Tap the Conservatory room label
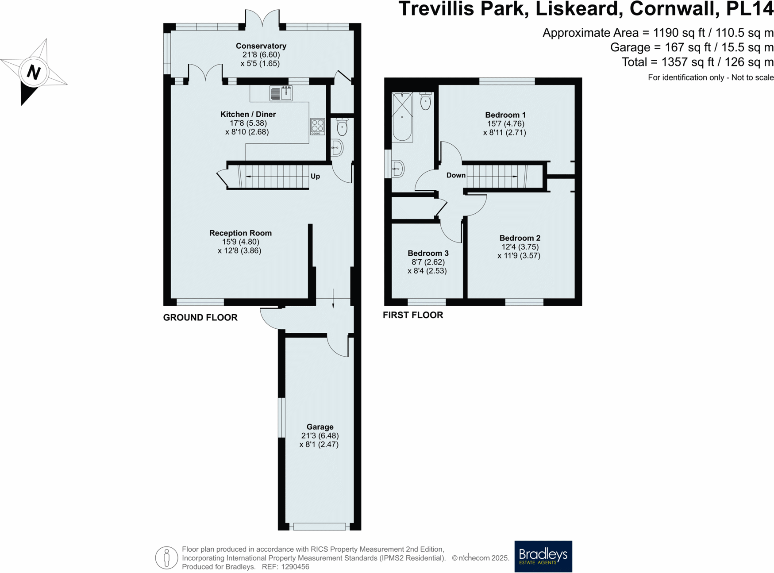pyautogui.click(x=261, y=46)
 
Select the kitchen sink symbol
pyautogui.click(x=281, y=93)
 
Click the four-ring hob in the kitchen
pyautogui.click(x=317, y=126)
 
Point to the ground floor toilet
pyautogui.click(x=342, y=127)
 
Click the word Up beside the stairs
pyautogui.click(x=315, y=176)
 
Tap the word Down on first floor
pyautogui.click(x=456, y=175)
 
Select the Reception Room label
pyautogui.click(x=240, y=233)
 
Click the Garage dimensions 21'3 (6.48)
pyautogui.click(x=320, y=436)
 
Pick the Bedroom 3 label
pyautogui.click(x=428, y=254)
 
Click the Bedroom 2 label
pyautogui.click(x=520, y=238)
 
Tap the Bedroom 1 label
pyautogui.click(x=505, y=115)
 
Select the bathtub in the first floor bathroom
pyautogui.click(x=402, y=117)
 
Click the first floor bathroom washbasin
pyautogui.click(x=397, y=169)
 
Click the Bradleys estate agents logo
pyautogui.click(x=543, y=556)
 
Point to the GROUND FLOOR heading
pyautogui.click(x=200, y=317)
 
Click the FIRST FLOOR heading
pyautogui.click(x=412, y=315)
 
